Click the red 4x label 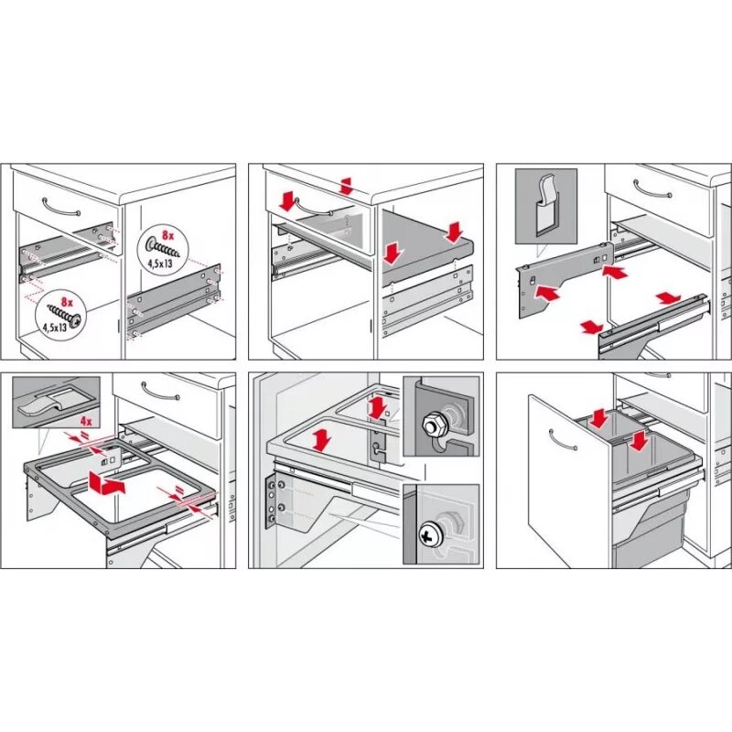86,422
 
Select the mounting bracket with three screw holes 274,502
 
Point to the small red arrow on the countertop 346,186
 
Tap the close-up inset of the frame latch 56,400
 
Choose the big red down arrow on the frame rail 321,439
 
